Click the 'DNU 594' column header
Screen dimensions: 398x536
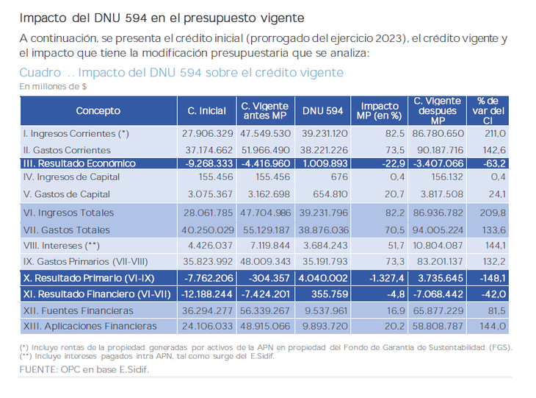(x=323, y=111)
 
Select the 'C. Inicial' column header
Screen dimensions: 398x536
(x=207, y=111)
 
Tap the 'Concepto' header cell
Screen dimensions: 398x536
(x=98, y=111)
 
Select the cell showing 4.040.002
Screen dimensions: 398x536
(x=323, y=280)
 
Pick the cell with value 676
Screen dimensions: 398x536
(x=338, y=177)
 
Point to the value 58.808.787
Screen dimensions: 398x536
(x=438, y=326)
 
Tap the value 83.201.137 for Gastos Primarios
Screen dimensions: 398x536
(x=438, y=260)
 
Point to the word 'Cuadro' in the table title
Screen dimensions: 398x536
(x=41, y=73)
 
